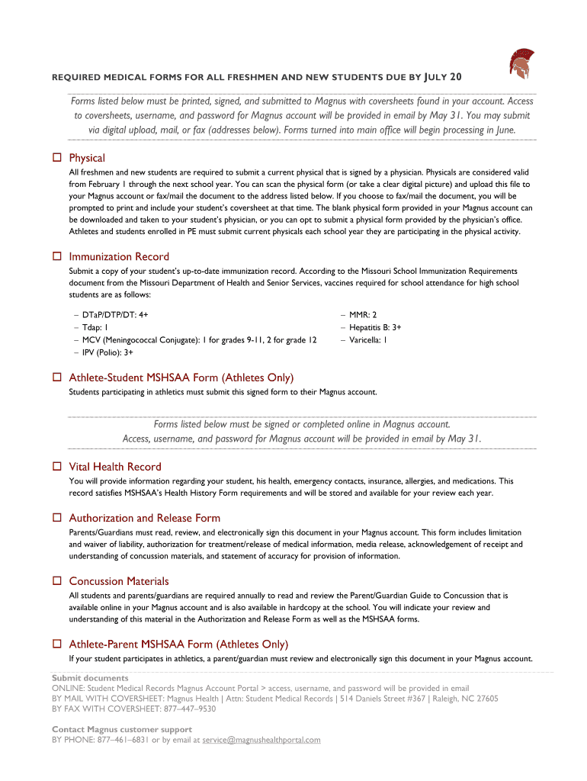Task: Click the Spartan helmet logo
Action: (521, 65)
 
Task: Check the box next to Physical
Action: (56, 158)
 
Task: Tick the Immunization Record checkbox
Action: (56, 256)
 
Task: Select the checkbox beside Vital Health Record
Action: (56, 467)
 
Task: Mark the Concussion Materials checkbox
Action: (56, 581)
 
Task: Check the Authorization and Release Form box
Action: (56, 518)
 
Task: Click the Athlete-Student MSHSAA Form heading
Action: (181, 378)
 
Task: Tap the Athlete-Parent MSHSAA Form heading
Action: (178, 644)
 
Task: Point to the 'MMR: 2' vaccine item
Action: (363, 314)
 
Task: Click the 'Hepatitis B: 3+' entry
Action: (375, 327)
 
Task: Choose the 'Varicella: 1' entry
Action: (368, 340)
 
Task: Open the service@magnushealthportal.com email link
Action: (261, 740)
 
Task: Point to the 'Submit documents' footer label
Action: (90, 678)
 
